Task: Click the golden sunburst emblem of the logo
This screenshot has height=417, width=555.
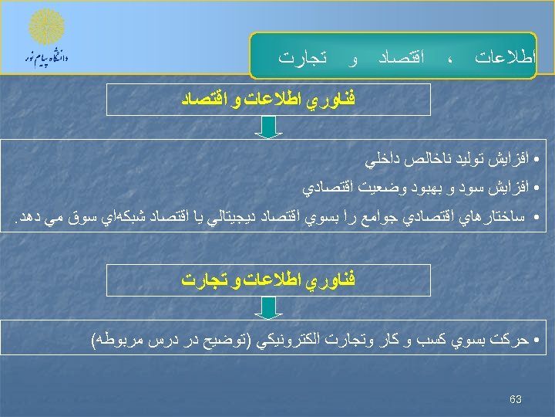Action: [x=46, y=29]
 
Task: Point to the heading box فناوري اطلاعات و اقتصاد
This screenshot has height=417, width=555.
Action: [x=267, y=100]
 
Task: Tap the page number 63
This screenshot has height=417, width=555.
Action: [x=516, y=399]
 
